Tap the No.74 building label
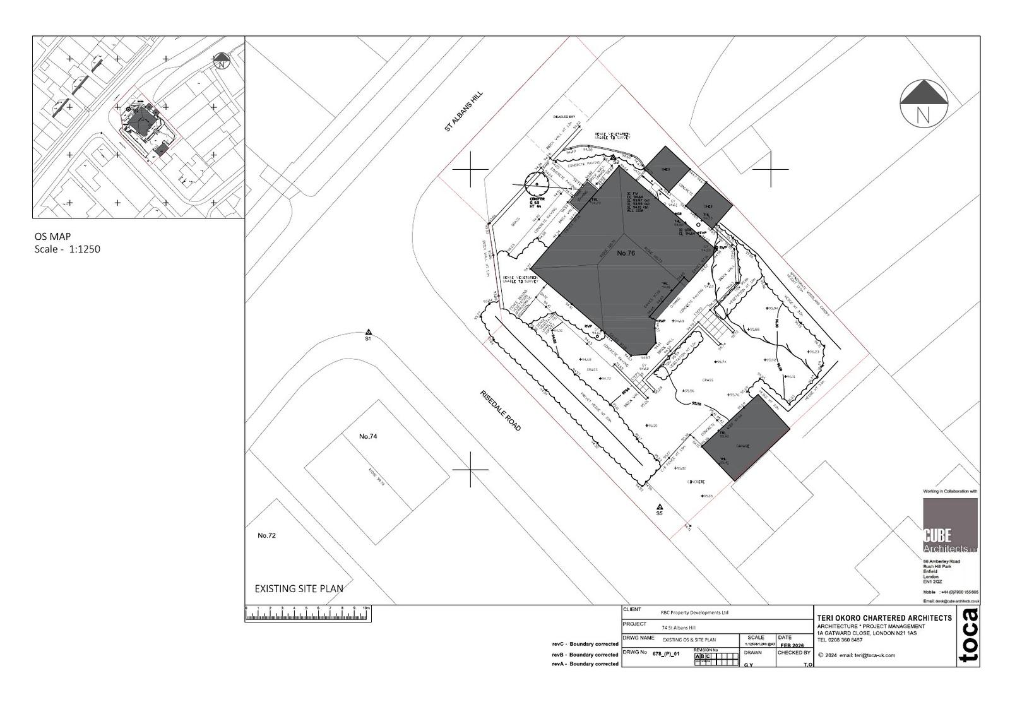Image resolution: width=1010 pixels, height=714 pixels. [368, 436]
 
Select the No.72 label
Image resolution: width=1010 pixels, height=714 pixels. [267, 535]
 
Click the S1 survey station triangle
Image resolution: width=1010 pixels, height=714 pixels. [368, 331]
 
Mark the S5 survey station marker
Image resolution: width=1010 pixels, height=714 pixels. [660, 507]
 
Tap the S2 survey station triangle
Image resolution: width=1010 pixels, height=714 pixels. [612, 157]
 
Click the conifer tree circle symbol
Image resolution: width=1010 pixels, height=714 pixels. [536, 184]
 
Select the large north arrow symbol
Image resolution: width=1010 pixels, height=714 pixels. [924, 103]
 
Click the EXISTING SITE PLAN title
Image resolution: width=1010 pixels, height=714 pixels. [299, 588]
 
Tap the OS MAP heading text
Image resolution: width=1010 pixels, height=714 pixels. [52, 237]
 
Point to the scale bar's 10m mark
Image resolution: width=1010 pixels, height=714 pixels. [366, 609]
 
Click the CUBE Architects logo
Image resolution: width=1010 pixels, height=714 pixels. [950, 527]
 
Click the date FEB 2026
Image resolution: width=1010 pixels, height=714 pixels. [792, 646]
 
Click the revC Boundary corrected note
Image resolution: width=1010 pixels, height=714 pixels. [585, 645]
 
